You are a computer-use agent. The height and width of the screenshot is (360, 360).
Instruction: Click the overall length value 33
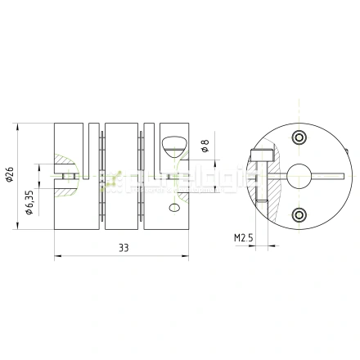123,248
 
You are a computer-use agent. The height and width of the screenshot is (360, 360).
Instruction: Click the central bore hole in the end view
296,173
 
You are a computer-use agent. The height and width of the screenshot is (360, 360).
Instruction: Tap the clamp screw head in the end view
261,154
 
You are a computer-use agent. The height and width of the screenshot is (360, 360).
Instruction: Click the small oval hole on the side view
173,209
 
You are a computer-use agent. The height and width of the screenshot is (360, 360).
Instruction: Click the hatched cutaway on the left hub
65,169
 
